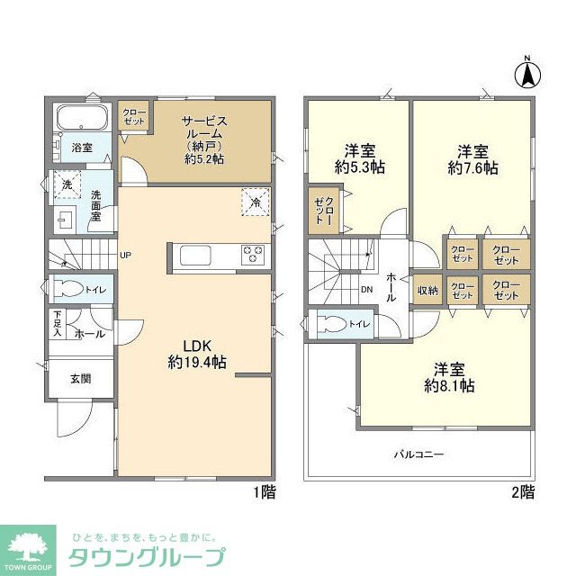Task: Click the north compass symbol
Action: pyautogui.click(x=528, y=74)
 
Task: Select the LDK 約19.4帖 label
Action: pyautogui.click(x=196, y=353)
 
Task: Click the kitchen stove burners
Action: pyautogui.click(x=252, y=255)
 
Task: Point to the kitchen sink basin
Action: pyautogui.click(x=195, y=256)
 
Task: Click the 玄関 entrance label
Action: pyautogui.click(x=81, y=379)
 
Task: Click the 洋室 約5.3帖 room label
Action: pyautogui.click(x=358, y=158)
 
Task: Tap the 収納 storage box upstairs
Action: pyautogui.click(x=427, y=290)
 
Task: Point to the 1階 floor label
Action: pyautogui.click(x=264, y=492)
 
